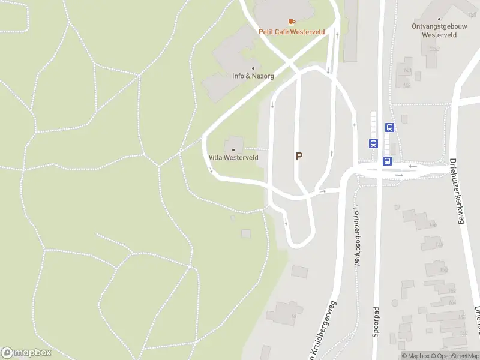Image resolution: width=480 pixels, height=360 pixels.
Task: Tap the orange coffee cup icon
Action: tap(292, 22)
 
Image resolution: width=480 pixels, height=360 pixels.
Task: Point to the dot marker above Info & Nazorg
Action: tap(253, 68)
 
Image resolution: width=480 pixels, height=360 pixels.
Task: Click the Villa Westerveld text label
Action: tap(233, 157)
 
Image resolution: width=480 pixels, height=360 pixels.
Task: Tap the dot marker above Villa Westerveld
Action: tap(233, 149)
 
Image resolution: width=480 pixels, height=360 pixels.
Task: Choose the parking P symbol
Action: tap(299, 157)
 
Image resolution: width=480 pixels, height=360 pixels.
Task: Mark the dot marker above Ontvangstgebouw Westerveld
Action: tap(439, 18)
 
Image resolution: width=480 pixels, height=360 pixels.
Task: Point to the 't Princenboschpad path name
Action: tap(355, 234)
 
